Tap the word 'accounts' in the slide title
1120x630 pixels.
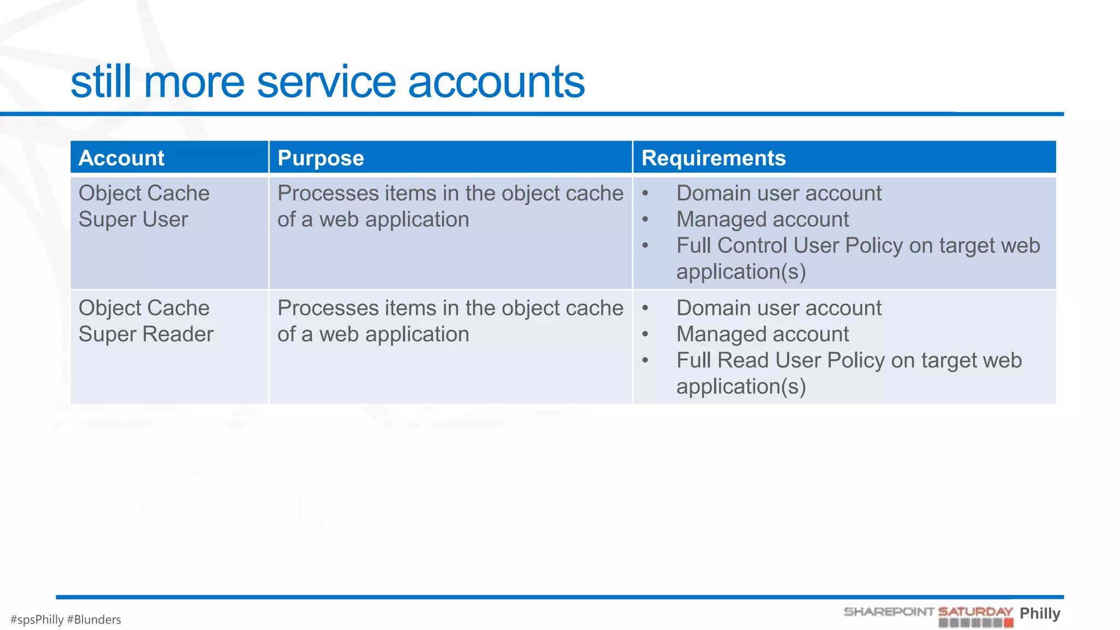tap(496, 82)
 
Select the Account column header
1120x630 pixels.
tap(121, 158)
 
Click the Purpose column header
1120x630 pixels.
tap(320, 158)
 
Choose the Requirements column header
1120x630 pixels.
tap(713, 158)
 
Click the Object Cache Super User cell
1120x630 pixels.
tap(144, 207)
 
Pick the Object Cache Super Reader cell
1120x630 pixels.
tap(145, 322)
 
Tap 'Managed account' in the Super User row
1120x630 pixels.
tap(762, 220)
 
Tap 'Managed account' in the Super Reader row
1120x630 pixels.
tap(762, 335)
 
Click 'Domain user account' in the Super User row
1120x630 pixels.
tap(779, 194)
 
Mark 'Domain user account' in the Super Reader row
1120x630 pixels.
tap(779, 308)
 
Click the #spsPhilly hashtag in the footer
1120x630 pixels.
tap(37, 620)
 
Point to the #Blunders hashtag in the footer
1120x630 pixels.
tap(94, 620)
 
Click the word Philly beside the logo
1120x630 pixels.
tap(1040, 614)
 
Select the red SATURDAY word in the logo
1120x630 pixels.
tap(975, 612)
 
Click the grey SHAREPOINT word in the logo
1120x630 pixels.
tap(889, 612)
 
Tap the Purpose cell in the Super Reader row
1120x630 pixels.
tap(450, 322)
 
